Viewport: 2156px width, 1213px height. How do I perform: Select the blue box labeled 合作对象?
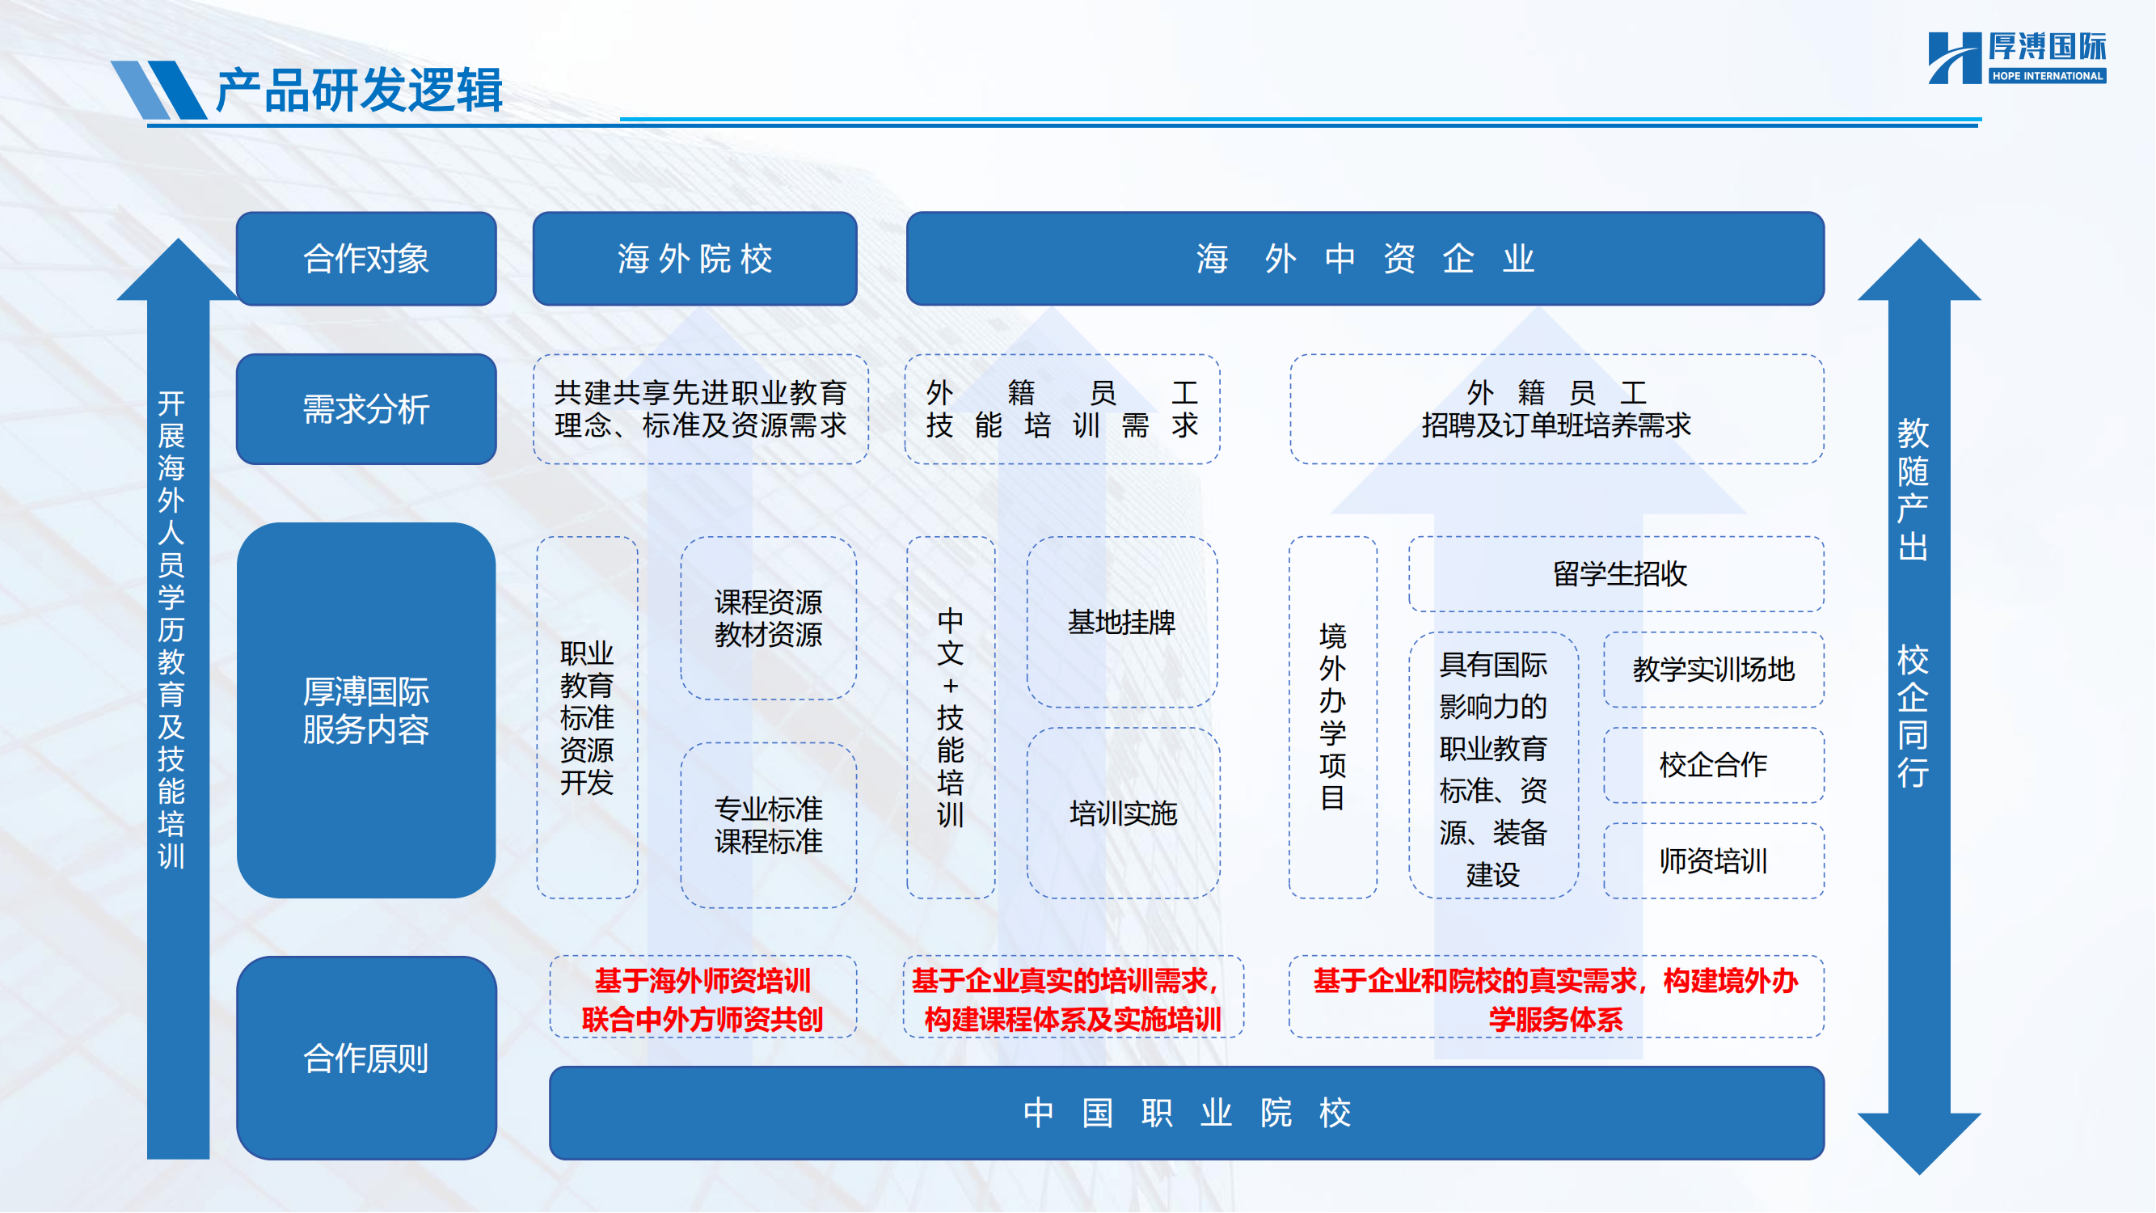365,259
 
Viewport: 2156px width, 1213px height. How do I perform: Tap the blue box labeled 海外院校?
694,259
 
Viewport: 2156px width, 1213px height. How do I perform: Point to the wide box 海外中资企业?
1365,259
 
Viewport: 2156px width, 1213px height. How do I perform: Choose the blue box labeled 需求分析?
365,409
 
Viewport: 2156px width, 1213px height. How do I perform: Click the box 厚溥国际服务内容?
365,711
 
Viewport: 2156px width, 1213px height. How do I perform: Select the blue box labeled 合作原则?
365,1058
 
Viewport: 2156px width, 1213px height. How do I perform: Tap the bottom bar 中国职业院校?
1186,1113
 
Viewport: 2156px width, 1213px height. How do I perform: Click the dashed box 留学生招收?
1616,574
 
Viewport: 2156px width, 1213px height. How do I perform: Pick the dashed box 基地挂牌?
1121,622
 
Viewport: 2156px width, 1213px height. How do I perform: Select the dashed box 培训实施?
1122,813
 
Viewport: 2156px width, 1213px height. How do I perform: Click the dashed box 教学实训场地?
1713,669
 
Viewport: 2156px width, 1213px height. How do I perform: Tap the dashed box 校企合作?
1713,764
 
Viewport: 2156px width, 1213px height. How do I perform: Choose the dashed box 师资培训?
1713,860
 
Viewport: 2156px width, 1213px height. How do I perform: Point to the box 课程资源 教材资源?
768,618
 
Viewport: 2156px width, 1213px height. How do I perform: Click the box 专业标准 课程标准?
768,825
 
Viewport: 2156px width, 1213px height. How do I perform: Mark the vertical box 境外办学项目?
1332,716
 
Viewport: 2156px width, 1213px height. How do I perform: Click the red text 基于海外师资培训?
702,980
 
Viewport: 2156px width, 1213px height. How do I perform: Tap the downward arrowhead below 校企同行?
1918,1143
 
